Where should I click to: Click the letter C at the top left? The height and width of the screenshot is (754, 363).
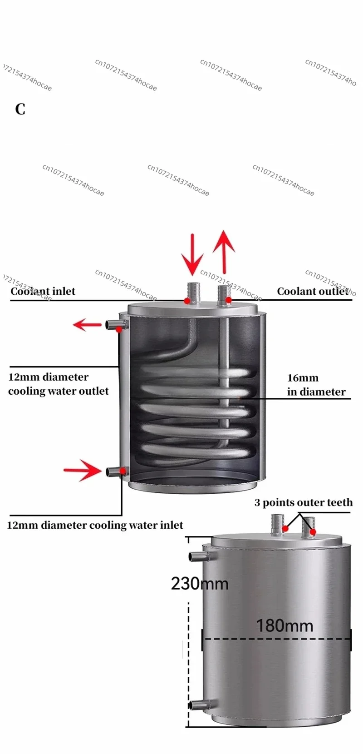tap(20, 109)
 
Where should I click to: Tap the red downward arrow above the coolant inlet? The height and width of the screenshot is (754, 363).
tap(192, 254)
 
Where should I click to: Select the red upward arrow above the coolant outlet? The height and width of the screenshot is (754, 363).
tap(224, 252)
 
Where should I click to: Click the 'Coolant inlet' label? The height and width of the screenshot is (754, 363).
tap(43, 291)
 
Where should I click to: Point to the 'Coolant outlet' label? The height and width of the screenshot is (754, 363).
tap(313, 291)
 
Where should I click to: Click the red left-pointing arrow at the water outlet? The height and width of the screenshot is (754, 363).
tap(87, 325)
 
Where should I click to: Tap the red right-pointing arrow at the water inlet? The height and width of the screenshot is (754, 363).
tap(83, 470)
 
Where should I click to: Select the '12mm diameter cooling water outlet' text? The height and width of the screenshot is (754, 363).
tap(59, 384)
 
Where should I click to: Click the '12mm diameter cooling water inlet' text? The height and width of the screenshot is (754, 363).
tap(95, 525)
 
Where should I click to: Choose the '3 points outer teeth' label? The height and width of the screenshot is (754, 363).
tap(304, 502)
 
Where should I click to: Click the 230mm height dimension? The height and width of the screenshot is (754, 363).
tap(200, 584)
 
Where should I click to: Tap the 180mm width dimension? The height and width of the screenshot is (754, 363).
tap(285, 626)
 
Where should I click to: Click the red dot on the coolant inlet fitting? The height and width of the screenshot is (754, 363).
tap(187, 301)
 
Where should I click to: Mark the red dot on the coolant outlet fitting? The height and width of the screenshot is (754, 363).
tap(229, 300)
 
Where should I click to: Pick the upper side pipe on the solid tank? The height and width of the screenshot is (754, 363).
tap(199, 557)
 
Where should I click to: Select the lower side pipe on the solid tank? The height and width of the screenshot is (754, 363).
tap(199, 705)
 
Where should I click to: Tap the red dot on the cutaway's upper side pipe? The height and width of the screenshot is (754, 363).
tap(118, 329)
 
